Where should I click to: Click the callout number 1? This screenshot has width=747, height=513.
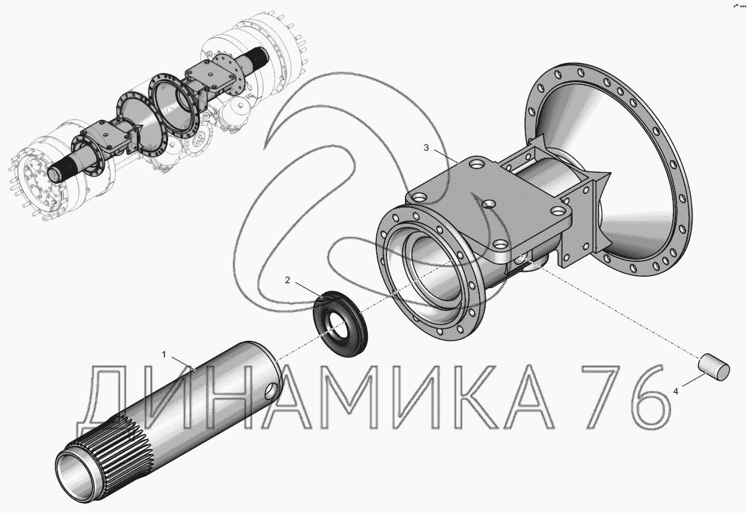[x=164, y=355]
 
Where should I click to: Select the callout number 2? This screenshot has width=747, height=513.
[x=288, y=280]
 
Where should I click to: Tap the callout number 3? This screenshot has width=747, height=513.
[x=426, y=147]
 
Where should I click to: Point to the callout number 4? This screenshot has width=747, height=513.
[x=676, y=392]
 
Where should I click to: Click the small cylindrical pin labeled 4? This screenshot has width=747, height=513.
[x=714, y=368]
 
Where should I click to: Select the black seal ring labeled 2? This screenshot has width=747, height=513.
[x=340, y=323]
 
